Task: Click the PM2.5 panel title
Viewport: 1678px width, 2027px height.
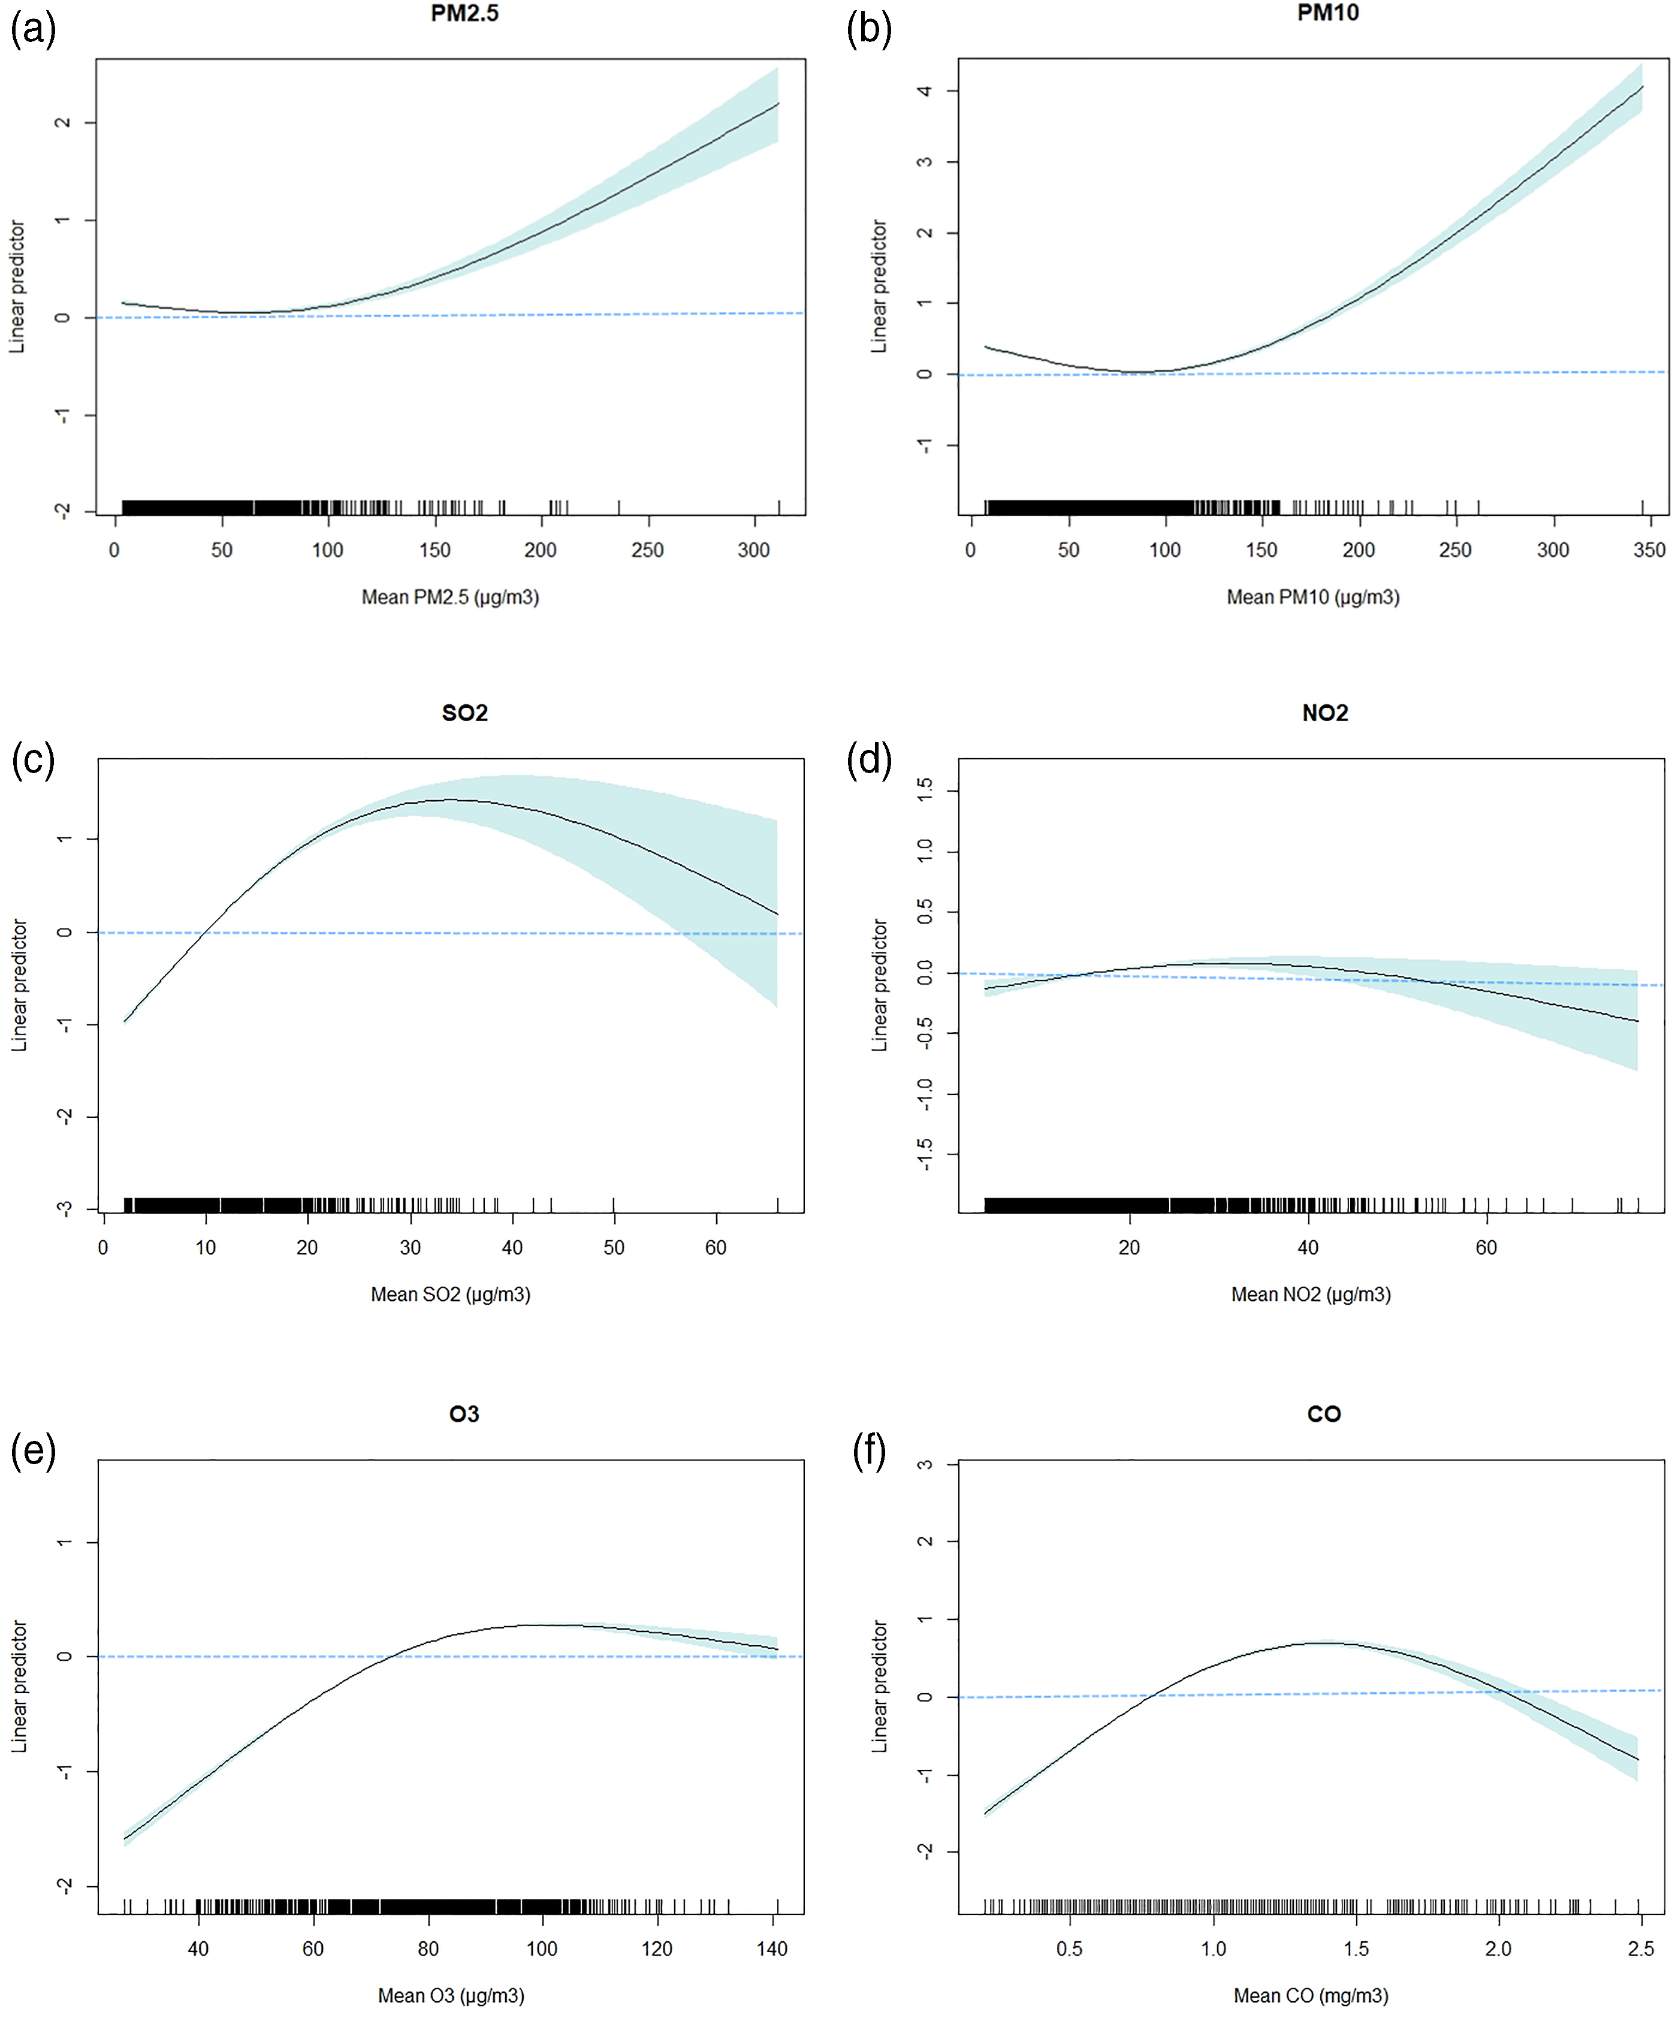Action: (464, 14)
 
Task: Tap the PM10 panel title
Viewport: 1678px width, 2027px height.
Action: (1328, 14)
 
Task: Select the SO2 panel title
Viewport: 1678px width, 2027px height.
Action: (464, 713)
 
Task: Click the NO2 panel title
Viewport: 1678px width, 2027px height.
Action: (1325, 713)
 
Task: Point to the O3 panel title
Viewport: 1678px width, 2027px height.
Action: (464, 1414)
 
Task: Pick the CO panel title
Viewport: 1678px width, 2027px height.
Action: (1324, 1414)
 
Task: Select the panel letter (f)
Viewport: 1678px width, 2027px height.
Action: (870, 1452)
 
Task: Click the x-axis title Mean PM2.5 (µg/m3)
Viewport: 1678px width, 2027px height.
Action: (449, 598)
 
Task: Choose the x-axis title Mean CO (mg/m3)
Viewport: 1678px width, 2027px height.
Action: (1311, 1995)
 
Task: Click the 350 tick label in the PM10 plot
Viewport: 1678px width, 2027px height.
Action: (1649, 550)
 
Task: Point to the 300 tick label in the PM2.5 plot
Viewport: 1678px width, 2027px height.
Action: (754, 550)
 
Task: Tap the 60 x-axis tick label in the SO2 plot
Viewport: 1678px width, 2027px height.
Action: (715, 1247)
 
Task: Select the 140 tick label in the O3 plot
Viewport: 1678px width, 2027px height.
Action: (772, 1949)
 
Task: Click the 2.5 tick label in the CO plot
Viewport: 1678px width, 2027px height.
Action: (1640, 1949)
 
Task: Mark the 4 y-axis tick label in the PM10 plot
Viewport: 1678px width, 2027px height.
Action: (924, 91)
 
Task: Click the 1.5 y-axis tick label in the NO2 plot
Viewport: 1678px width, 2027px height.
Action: (924, 791)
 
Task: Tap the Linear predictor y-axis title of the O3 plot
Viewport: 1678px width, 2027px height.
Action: (19, 1687)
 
